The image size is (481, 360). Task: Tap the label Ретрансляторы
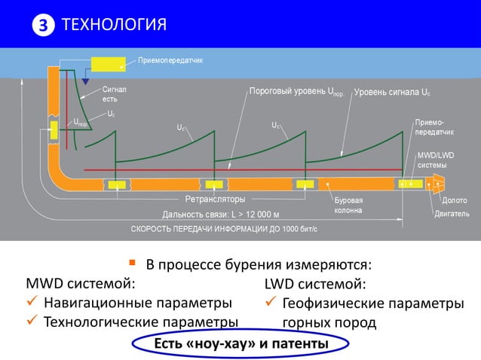215,199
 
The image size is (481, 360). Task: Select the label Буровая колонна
348,206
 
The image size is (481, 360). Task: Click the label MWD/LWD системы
431,160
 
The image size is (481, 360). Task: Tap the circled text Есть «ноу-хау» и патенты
240,344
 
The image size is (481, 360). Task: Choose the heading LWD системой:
315,284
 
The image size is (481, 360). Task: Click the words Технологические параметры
140,322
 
